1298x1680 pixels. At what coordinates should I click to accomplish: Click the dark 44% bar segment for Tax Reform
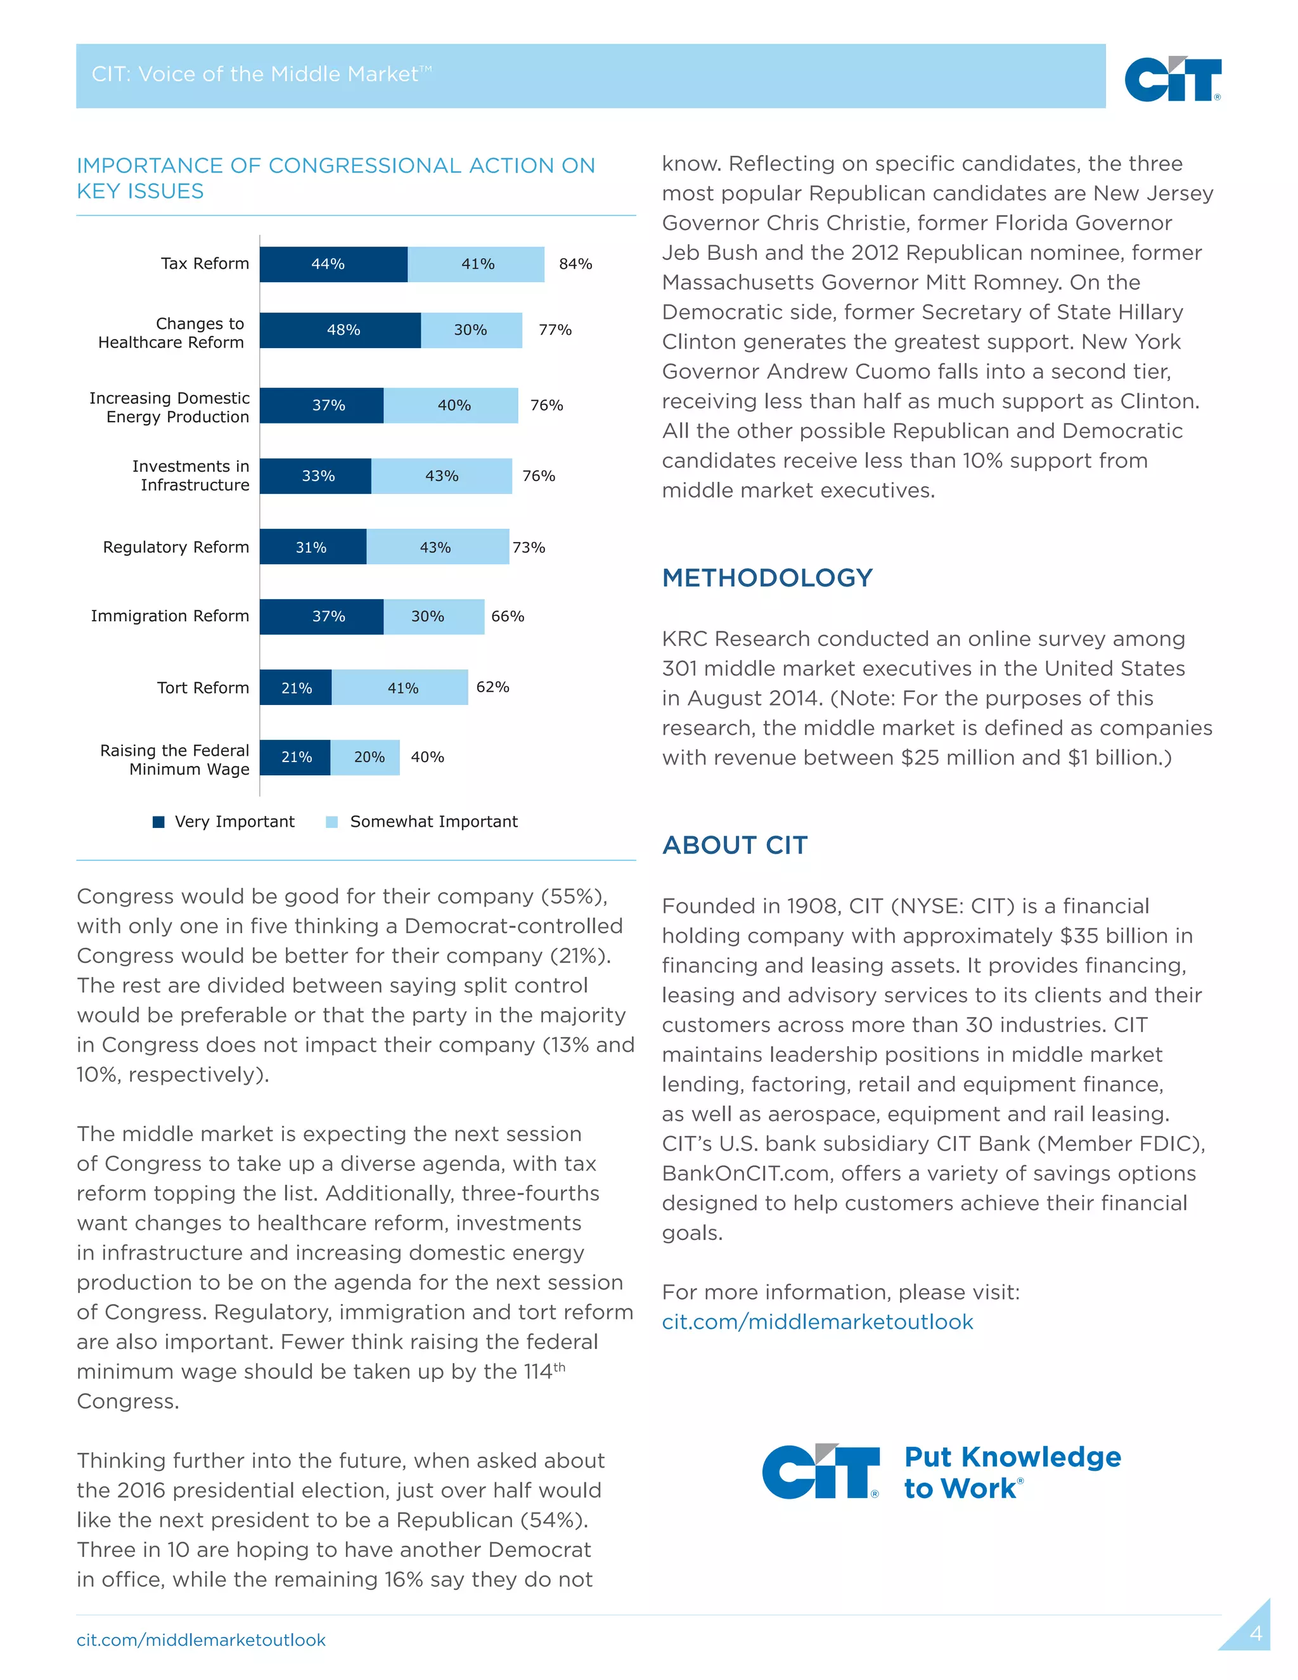pyautogui.click(x=333, y=264)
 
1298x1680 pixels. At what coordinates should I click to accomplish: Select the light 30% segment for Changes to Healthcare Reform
pyautogui.click(x=471, y=330)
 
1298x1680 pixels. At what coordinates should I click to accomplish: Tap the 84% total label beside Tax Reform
pyautogui.click(x=575, y=264)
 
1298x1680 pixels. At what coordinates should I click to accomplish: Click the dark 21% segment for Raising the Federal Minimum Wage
pyautogui.click(x=295, y=757)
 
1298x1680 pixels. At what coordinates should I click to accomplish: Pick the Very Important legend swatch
pyautogui.click(x=159, y=822)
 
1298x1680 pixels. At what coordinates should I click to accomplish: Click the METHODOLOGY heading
pyautogui.click(x=767, y=578)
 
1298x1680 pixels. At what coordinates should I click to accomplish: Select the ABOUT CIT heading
pyautogui.click(x=735, y=844)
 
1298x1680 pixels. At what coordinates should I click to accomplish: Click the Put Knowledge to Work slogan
pyautogui.click(x=1012, y=1472)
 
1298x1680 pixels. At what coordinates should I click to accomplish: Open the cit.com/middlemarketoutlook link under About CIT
pyautogui.click(x=816, y=1322)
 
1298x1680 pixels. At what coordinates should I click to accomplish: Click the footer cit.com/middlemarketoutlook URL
pyautogui.click(x=201, y=1640)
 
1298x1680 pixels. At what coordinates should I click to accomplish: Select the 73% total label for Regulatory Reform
pyautogui.click(x=529, y=548)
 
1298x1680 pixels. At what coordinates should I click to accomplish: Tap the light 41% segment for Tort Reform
pyautogui.click(x=402, y=688)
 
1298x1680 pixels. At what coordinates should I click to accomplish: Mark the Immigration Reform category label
pyautogui.click(x=170, y=616)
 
